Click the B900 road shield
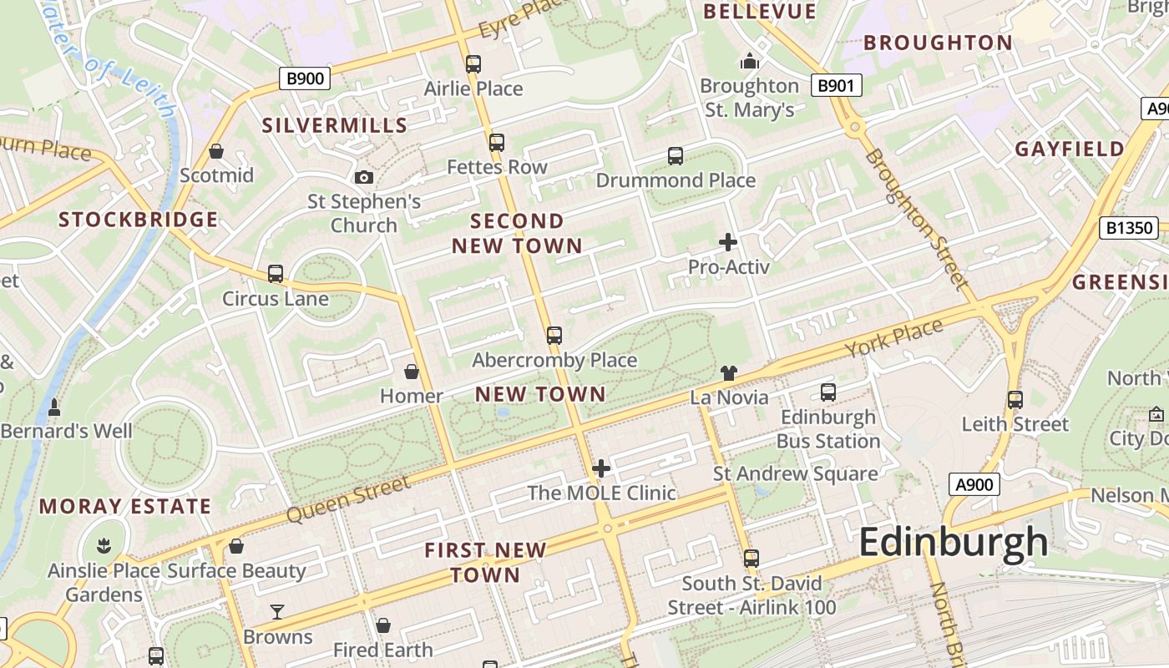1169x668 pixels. pyautogui.click(x=305, y=79)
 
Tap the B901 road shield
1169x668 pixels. pyautogui.click(x=836, y=85)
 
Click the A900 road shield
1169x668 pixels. pyautogui.click(x=974, y=484)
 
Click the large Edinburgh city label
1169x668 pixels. pyautogui.click(x=953, y=543)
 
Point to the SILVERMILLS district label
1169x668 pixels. pyautogui.click(x=335, y=126)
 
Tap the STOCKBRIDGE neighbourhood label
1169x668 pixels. pyautogui.click(x=139, y=220)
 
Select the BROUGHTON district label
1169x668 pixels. pyautogui.click(x=938, y=43)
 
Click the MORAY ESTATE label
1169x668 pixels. pyautogui.click(x=125, y=507)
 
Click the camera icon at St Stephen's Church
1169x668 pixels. pyautogui.click(x=364, y=177)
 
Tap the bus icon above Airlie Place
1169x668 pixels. pyautogui.click(x=473, y=64)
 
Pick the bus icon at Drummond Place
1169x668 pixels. pyautogui.click(x=676, y=156)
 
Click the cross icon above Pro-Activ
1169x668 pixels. pyautogui.click(x=728, y=243)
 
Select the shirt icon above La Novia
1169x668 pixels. pyautogui.click(x=729, y=373)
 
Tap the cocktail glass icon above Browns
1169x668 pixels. pyautogui.click(x=277, y=612)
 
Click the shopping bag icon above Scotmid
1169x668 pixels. pyautogui.click(x=216, y=151)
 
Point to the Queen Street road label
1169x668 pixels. pyautogui.click(x=348, y=498)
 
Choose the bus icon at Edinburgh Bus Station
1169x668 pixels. pyautogui.click(x=828, y=392)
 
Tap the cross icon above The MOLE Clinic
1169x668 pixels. pyautogui.click(x=601, y=468)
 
